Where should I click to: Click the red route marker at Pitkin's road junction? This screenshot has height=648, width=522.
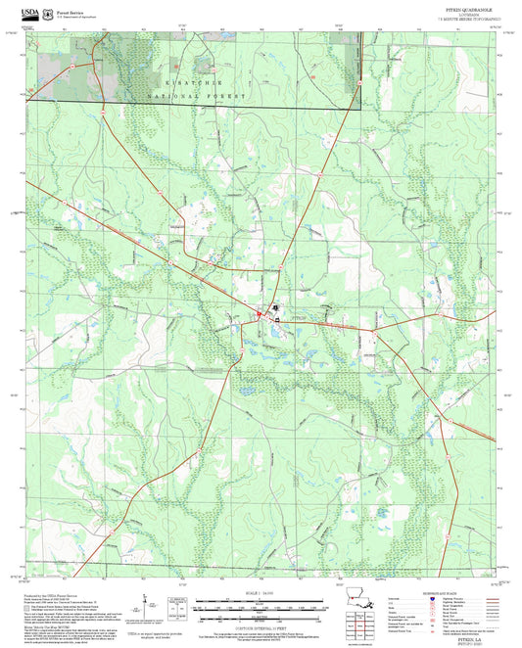coord(260,314)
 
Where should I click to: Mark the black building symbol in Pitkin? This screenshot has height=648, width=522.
coord(276,306)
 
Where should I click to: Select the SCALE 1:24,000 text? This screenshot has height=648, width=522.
coord(261,593)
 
